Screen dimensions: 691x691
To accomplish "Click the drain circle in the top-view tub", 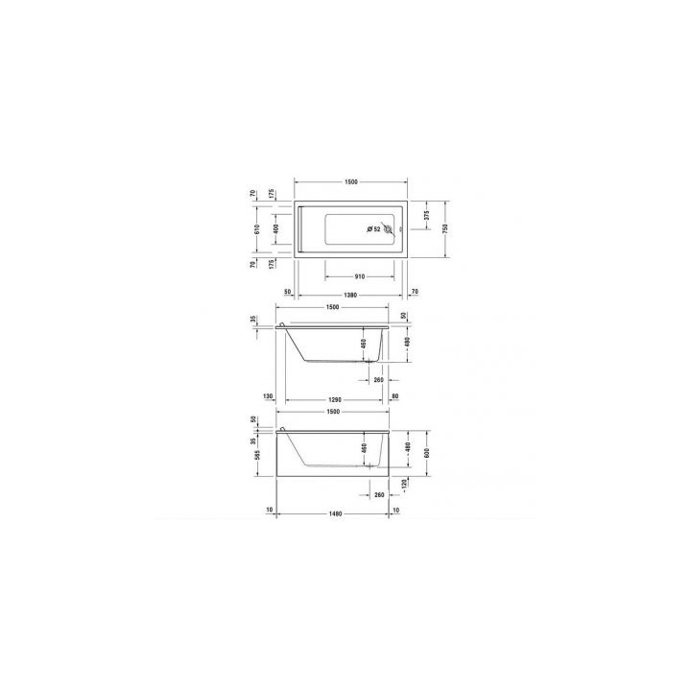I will tap(388, 229).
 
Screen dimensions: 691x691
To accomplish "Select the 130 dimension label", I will tap(268, 396).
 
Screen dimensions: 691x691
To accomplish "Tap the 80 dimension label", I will tap(394, 396).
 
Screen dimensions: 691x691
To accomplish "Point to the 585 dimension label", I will tap(252, 458).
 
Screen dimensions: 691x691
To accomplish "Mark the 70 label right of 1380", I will tap(414, 291).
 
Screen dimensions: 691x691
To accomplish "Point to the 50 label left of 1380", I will tap(287, 291).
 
